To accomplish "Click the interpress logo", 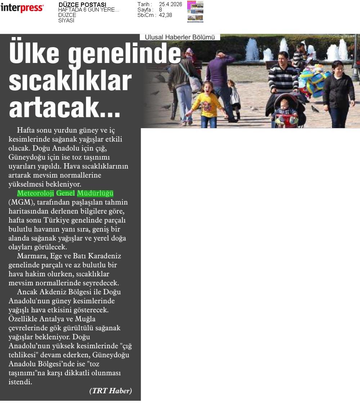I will pyautogui.click(x=22, y=8).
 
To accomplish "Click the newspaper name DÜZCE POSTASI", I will pyautogui.click(x=82, y=5).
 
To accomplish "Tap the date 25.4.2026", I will pyautogui.click(x=170, y=4).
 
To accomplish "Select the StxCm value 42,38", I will pyautogui.click(x=165, y=15).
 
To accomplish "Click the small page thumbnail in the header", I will pyautogui.click(x=195, y=12).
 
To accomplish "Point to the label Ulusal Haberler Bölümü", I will pyautogui.click(x=180, y=37).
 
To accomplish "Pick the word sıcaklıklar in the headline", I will pyautogui.click(x=70, y=81).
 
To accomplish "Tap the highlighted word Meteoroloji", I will pyautogui.click(x=35, y=193).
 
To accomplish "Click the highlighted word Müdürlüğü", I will pyautogui.click(x=95, y=193).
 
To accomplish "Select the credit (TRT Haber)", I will pyautogui.click(x=111, y=391).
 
